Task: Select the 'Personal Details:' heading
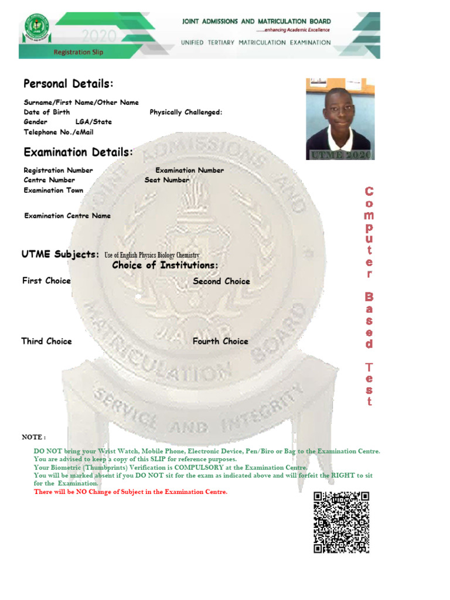coord(69,84)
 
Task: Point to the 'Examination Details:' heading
coord(79,153)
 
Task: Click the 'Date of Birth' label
coord(47,112)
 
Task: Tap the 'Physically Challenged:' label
coord(186,112)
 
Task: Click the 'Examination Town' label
coord(53,190)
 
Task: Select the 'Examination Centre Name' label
coord(67,216)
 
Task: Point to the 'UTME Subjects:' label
coord(60,254)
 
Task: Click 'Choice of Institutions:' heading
coord(165,266)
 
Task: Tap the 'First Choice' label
coord(46,281)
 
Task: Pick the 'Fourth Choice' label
coord(220,341)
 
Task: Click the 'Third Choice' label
coord(47,341)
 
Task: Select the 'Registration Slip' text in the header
coord(79,52)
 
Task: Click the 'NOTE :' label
coord(33,437)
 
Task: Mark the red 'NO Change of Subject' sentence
coord(130,492)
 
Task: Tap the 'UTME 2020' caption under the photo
coord(340,155)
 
